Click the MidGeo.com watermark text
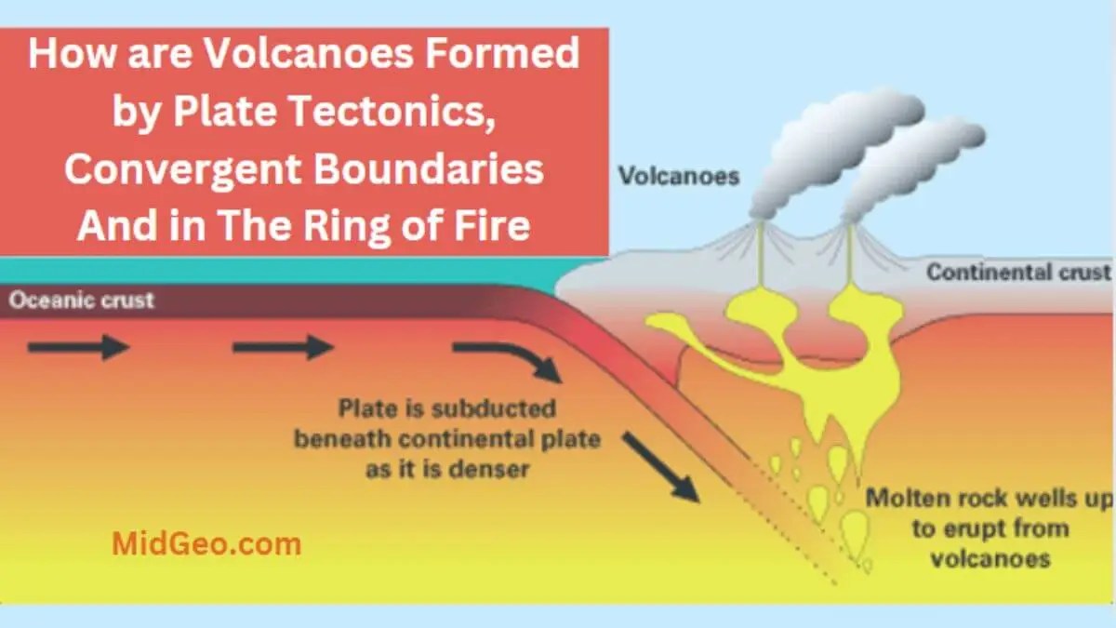[206, 543]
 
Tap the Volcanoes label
[679, 176]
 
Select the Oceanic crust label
[82, 301]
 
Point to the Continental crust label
[1017, 273]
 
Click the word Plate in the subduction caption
[365, 408]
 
